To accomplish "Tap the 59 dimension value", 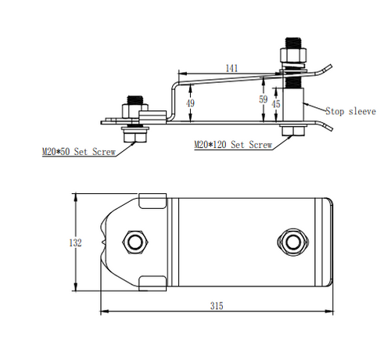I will pyautogui.click(x=263, y=100).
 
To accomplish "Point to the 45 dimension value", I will pyautogui.click(x=275, y=104).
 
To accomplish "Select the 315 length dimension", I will pyautogui.click(x=217, y=306).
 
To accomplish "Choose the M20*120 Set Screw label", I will pyautogui.click(x=233, y=146).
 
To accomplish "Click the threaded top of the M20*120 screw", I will pyautogui.click(x=293, y=44).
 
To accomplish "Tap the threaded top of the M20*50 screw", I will pyautogui.click(x=133, y=102).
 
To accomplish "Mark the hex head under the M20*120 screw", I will pyautogui.click(x=293, y=131).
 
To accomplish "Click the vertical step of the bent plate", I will pyautogui.click(x=170, y=98).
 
